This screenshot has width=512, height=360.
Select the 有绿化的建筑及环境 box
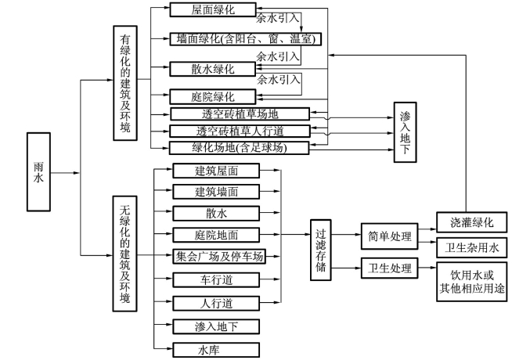(125, 83)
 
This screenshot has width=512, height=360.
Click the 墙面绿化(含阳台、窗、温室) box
(245, 39)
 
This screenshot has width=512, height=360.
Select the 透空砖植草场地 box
(240, 114)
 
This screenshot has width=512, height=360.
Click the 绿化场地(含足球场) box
(240, 146)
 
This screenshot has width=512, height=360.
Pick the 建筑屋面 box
(216, 171)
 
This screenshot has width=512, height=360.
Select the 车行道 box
(216, 279)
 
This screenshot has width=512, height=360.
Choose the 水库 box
(216, 350)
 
